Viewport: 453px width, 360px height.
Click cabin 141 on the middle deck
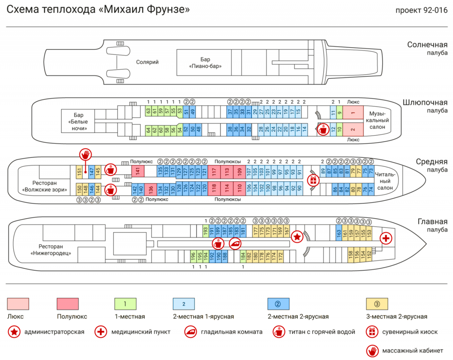click(138, 171)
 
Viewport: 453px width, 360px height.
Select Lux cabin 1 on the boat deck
click(353, 112)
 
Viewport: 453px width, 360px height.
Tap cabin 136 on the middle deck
click(151, 189)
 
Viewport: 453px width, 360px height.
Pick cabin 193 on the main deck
click(205, 231)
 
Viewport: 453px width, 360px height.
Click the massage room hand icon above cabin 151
click(85, 155)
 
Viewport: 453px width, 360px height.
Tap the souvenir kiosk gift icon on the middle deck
click(313, 181)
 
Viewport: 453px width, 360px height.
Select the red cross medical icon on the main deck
click(386, 238)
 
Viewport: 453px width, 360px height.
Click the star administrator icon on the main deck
click(297, 237)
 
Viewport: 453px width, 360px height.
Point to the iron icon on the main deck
click(235, 244)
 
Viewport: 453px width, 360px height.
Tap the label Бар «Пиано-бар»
click(205, 63)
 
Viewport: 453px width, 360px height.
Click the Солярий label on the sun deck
click(147, 62)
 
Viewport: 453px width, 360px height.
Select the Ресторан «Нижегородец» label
click(51, 250)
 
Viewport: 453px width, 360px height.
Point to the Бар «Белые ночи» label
click(78, 121)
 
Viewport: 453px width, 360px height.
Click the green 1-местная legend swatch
click(125, 304)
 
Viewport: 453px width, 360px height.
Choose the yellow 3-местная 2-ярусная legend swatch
click(377, 304)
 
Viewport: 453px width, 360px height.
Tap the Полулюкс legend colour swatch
click(67, 304)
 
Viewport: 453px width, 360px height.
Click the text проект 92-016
click(422, 10)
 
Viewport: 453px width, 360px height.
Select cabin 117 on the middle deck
click(214, 172)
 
